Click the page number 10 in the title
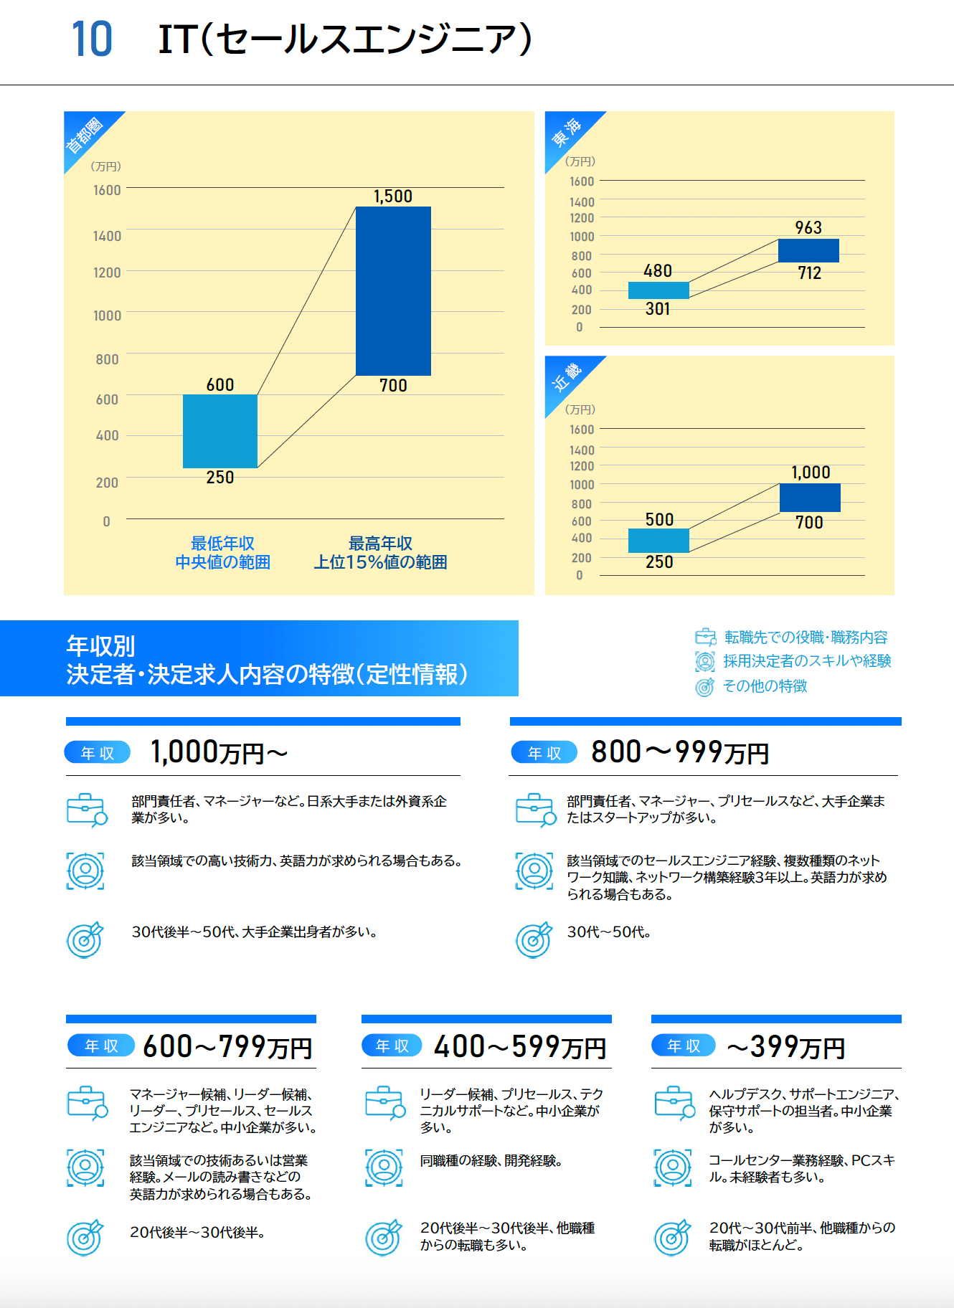pyautogui.click(x=92, y=39)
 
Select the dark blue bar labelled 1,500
pyautogui.click(x=393, y=290)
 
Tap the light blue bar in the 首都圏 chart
pyautogui.click(x=219, y=431)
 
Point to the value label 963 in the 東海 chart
pyautogui.click(x=808, y=228)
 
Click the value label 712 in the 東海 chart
pyautogui.click(x=809, y=273)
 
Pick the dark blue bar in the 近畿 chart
pyautogui.click(x=810, y=498)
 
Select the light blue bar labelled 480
pyautogui.click(x=658, y=290)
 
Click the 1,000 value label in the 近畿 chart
pyautogui.click(x=811, y=473)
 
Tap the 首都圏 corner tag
pyautogui.click(x=85, y=134)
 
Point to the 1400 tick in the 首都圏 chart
pyautogui.click(x=107, y=236)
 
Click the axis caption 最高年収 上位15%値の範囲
pyautogui.click(x=380, y=553)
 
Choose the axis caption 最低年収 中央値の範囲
pyautogui.click(x=222, y=553)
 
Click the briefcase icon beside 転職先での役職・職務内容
pyautogui.click(x=705, y=637)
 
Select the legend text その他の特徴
pyautogui.click(x=765, y=686)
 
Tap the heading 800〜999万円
pyautogui.click(x=679, y=752)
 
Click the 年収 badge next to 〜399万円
pyautogui.click(x=683, y=1046)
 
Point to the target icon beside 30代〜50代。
pyautogui.click(x=534, y=939)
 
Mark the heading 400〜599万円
pyautogui.click(x=520, y=1047)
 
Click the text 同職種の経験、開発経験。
pyautogui.click(x=491, y=1161)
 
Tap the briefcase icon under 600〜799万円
pyautogui.click(x=86, y=1103)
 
